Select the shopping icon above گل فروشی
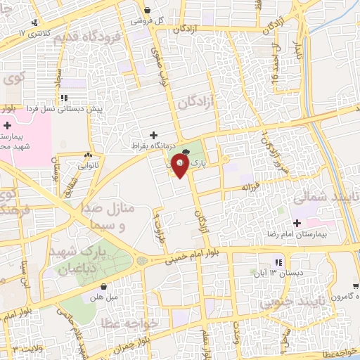point(148,10)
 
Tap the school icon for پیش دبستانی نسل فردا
point(63,98)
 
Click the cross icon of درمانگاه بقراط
point(153,134)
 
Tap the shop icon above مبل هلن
point(105,287)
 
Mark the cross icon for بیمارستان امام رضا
point(298,223)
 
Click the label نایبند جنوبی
point(288,303)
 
